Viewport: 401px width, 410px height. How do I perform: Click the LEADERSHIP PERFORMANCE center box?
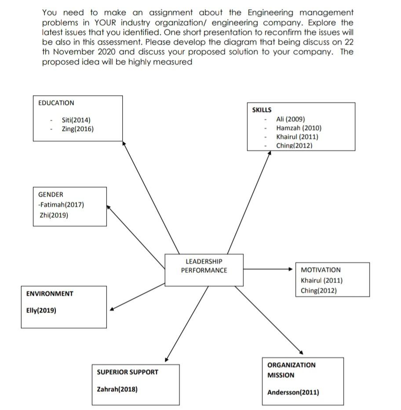point(204,269)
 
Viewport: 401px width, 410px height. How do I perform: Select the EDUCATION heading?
point(56,103)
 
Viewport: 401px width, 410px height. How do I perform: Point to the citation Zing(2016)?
point(77,129)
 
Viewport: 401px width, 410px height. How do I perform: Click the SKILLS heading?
point(262,110)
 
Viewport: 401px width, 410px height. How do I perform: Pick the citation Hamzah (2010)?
point(299,128)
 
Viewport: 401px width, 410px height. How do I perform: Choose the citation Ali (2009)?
point(290,119)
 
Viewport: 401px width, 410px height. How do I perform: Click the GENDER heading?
point(51,195)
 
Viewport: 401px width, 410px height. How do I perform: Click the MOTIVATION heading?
point(321,270)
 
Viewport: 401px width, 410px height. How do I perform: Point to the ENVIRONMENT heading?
point(50,294)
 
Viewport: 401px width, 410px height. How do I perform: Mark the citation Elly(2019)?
point(41,310)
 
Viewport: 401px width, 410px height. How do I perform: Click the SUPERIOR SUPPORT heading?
point(128,372)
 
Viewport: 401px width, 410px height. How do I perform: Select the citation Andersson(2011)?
point(293,392)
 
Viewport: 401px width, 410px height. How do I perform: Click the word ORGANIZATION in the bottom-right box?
point(291,365)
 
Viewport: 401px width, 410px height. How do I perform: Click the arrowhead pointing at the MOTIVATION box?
point(291,269)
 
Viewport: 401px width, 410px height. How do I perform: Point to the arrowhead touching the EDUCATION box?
point(124,143)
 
